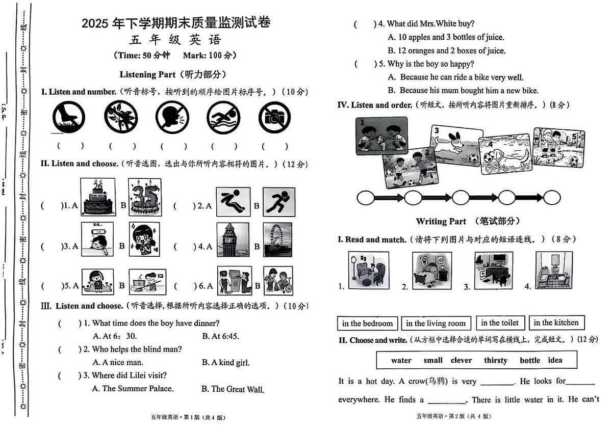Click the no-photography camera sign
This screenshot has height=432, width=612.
[274, 118]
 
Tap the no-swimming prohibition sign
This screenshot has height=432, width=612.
[223, 118]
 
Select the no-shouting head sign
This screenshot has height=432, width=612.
[172, 118]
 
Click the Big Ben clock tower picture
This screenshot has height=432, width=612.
[233, 239]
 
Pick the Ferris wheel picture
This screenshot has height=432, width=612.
[278, 239]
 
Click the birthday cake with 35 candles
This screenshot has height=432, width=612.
[144, 197]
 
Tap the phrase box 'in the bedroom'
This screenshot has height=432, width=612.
[367, 323]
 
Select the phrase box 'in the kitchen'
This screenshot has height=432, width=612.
[556, 323]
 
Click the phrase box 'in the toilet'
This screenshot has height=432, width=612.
[500, 323]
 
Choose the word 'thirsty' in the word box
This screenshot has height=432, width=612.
[495, 360]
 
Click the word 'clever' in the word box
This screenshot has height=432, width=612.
[461, 360]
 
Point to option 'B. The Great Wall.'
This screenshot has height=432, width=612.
[233, 389]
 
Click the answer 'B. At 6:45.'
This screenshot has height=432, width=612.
[220, 336]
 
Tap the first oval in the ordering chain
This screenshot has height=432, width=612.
[365, 198]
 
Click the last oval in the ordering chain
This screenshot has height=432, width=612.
[551, 197]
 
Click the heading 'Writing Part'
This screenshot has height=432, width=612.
[441, 221]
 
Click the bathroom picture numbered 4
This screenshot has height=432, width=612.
[554, 270]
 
